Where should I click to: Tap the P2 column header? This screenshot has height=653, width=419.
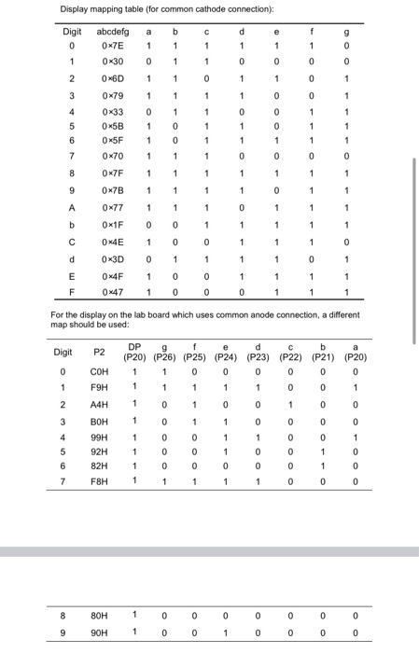(x=100, y=353)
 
